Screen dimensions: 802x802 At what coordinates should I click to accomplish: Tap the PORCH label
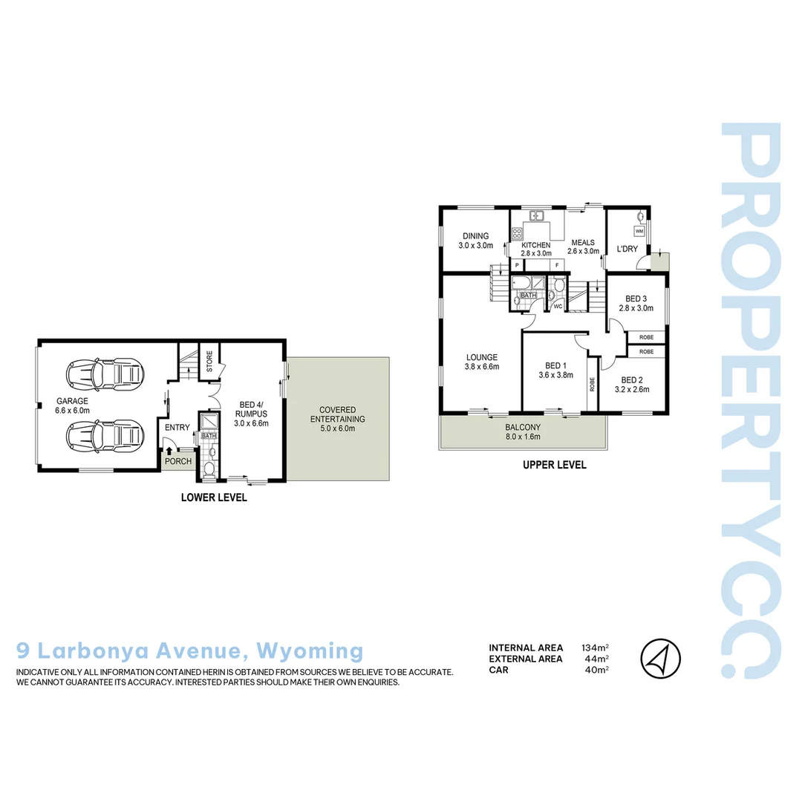pos(178,461)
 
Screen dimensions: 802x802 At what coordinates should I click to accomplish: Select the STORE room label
pos(209,361)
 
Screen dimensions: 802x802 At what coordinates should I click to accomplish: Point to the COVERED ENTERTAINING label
pos(338,414)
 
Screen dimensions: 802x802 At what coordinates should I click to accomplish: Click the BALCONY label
pos(523,431)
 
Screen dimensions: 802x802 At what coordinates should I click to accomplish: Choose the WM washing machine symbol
pos(639,231)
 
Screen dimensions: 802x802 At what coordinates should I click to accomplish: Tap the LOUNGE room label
pos(482,361)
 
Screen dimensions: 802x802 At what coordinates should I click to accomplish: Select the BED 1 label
pos(556,370)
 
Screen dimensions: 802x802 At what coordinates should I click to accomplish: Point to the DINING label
pos(475,241)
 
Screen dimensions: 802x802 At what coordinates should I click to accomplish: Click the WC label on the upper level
pos(557,305)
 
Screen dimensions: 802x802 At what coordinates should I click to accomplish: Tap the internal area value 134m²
pos(595,648)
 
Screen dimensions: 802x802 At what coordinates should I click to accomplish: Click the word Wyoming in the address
pos(310,651)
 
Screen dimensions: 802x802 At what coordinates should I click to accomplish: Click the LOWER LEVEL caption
pos(214,498)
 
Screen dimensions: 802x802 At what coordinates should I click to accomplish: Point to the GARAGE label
pos(72,405)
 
